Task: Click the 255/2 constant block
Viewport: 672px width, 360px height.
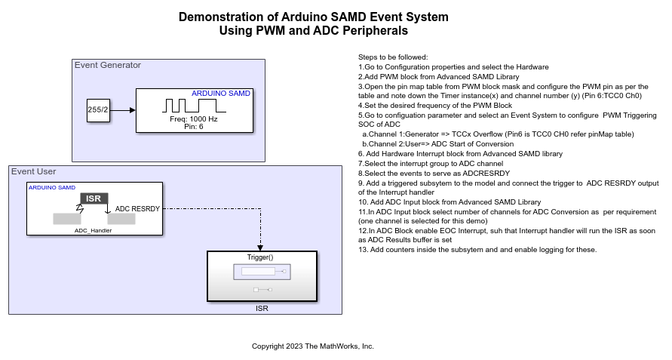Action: click(x=97, y=110)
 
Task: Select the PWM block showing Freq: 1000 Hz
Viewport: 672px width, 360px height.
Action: click(x=194, y=110)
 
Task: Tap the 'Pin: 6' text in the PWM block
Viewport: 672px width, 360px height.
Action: click(x=194, y=127)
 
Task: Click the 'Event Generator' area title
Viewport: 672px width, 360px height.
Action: click(x=108, y=65)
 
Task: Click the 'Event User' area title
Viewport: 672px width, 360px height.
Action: click(x=34, y=171)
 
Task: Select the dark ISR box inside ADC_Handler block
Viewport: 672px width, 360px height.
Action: click(x=94, y=198)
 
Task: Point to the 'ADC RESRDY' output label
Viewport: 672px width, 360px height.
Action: click(x=137, y=208)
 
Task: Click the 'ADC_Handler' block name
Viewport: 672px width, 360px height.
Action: click(x=94, y=230)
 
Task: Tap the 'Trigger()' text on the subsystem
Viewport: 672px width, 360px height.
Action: click(x=260, y=257)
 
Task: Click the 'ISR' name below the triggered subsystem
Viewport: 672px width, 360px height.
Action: click(x=261, y=308)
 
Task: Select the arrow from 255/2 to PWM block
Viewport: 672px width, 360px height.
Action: click(x=122, y=110)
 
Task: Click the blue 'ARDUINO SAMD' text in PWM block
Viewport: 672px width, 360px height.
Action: click(x=221, y=94)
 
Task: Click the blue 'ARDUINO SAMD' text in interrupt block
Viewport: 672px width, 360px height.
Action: click(x=52, y=187)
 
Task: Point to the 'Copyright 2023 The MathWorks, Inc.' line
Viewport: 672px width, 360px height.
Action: click(x=313, y=346)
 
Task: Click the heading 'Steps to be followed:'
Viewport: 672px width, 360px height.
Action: click(x=393, y=57)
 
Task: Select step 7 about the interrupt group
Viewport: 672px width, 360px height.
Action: click(x=431, y=163)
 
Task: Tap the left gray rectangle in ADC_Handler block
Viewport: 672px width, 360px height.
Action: click(x=66, y=219)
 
